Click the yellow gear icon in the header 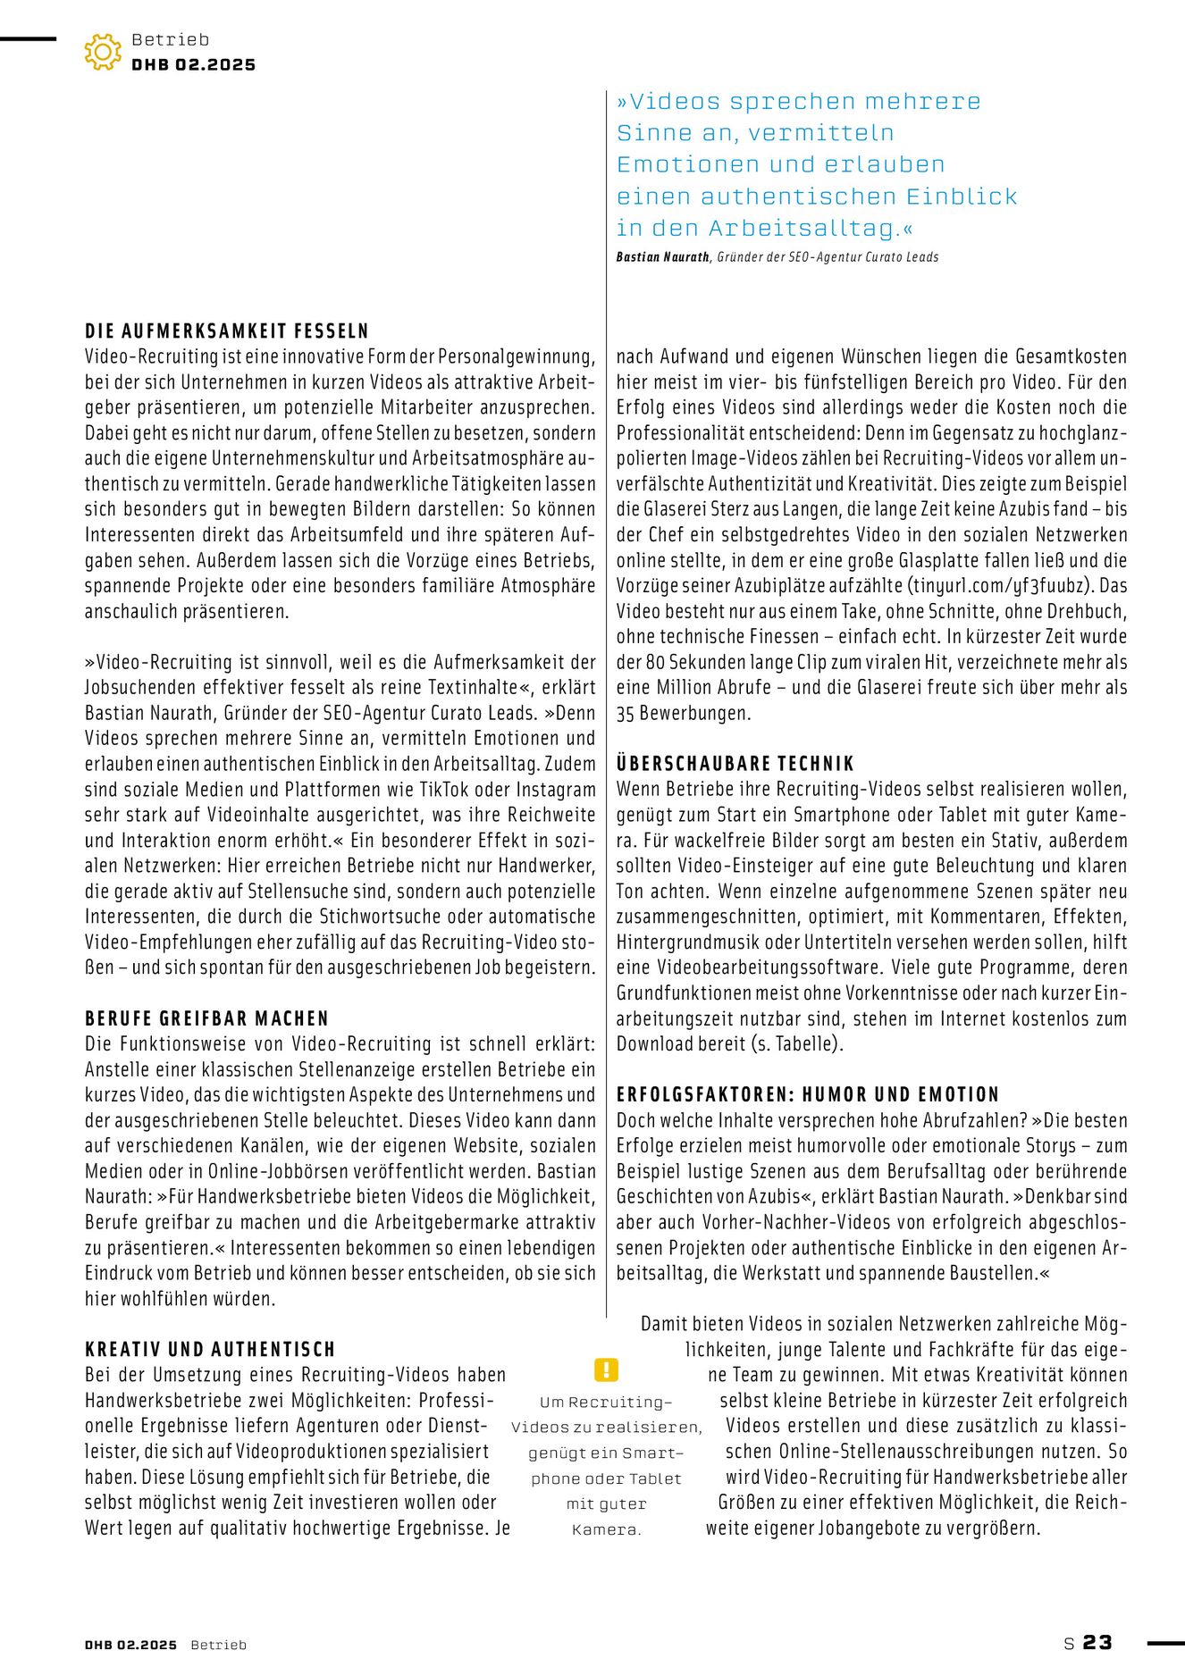point(103,52)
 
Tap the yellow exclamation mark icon point(606,1369)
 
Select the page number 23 point(1097,1643)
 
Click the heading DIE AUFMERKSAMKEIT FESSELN point(227,331)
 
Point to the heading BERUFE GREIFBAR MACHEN point(207,1018)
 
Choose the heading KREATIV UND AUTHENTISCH point(210,1349)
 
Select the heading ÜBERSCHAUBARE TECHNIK point(735,764)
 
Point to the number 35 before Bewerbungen point(626,714)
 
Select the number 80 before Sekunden point(655,663)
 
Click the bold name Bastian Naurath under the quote point(662,257)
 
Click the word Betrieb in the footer point(218,1645)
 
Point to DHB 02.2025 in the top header point(193,65)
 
